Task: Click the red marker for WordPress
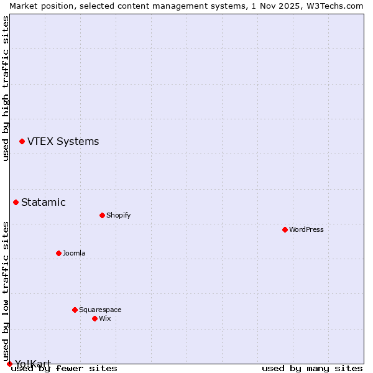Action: tap(285, 229)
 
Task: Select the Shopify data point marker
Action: tap(102, 215)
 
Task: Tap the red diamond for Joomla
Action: tap(58, 253)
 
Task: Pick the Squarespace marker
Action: tap(75, 310)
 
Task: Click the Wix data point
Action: tap(94, 318)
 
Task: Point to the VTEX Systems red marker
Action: tap(22, 142)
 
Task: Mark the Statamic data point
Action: tap(16, 202)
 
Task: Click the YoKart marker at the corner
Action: tap(9, 364)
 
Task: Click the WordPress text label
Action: tap(306, 229)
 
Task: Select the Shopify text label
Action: tap(118, 215)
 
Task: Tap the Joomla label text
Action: tap(74, 253)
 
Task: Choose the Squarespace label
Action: tap(100, 310)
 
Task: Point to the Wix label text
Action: tap(104, 318)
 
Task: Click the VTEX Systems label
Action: tap(63, 142)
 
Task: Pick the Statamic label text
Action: tap(43, 202)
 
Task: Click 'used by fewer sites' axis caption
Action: tap(65, 369)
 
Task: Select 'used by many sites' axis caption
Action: tap(312, 369)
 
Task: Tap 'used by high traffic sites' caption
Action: tap(6, 88)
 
